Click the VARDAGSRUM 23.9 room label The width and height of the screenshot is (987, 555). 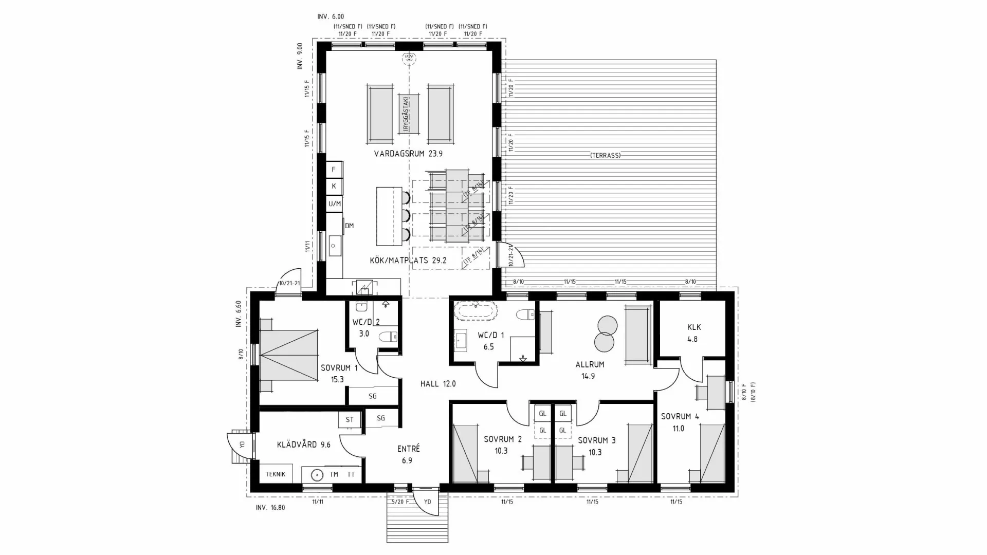coord(408,154)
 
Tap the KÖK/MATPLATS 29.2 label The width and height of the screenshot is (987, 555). coord(408,261)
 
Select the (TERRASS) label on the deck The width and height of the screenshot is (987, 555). coord(606,155)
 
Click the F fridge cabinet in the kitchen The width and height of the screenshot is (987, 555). coord(334,170)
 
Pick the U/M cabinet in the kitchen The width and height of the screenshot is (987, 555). coord(334,204)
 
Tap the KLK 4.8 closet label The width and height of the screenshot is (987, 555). coord(693,333)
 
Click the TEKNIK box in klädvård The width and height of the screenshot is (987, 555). coord(276,474)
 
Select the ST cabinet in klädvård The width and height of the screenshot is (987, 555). coord(350,419)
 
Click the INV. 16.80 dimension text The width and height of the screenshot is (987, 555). coord(270,508)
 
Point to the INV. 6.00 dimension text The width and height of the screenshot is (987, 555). coord(331,17)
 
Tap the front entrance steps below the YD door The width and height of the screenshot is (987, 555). coord(417,524)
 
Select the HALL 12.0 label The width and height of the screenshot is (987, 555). coord(438,384)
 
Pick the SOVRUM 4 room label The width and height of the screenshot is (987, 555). coord(680,417)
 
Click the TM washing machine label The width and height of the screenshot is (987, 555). coord(334,474)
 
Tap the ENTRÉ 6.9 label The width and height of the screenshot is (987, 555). coord(408,454)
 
